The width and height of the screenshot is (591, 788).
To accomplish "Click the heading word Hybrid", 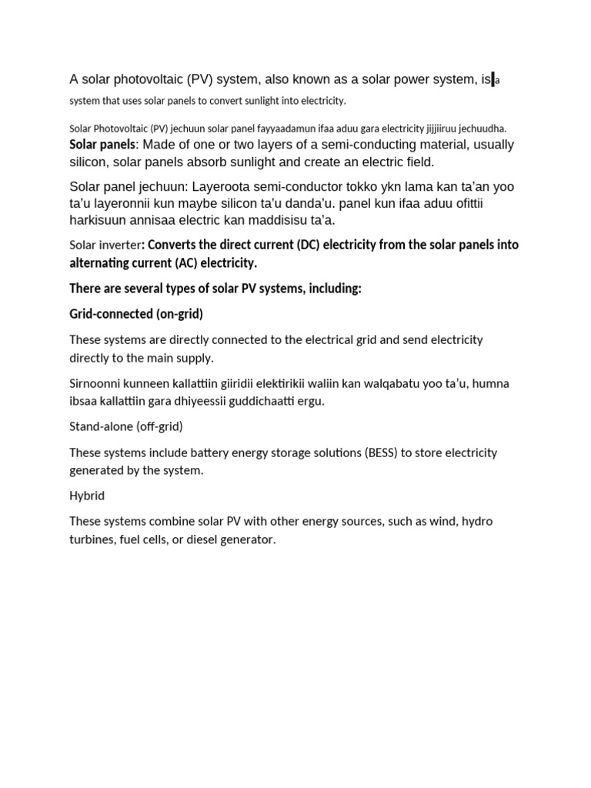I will pyautogui.click(x=87, y=496).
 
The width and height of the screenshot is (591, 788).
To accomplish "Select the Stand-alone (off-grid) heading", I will pyautogui.click(x=126, y=426).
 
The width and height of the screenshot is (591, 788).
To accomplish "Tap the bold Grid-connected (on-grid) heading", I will pyautogui.click(x=136, y=314).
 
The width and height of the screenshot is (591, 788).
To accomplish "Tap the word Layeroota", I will pyautogui.click(x=222, y=187).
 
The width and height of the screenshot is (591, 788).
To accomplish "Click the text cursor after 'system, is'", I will pyautogui.click(x=492, y=79).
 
